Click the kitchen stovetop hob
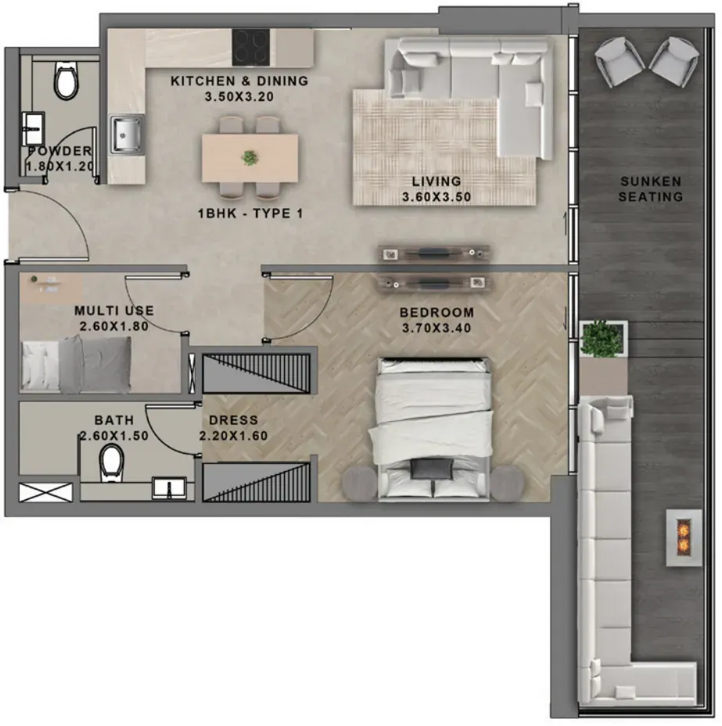tap(250, 47)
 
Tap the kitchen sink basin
tap(126, 135)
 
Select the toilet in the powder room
tap(66, 81)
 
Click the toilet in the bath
tap(112, 461)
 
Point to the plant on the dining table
tap(250, 158)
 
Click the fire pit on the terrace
tap(684, 537)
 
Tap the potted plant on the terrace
tap(602, 340)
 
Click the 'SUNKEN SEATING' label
tap(650, 189)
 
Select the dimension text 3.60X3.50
tap(436, 197)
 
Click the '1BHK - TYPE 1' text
tap(250, 214)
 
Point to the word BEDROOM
tap(436, 312)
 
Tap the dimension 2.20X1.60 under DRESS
tap(233, 436)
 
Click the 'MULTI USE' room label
tap(114, 311)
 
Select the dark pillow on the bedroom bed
tap(432, 469)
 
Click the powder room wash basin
tap(34, 128)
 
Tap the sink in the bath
tap(170, 488)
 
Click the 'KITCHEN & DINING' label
tap(239, 81)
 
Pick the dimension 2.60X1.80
tap(114, 326)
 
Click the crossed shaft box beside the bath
tap(45, 492)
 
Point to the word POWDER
tap(60, 151)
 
